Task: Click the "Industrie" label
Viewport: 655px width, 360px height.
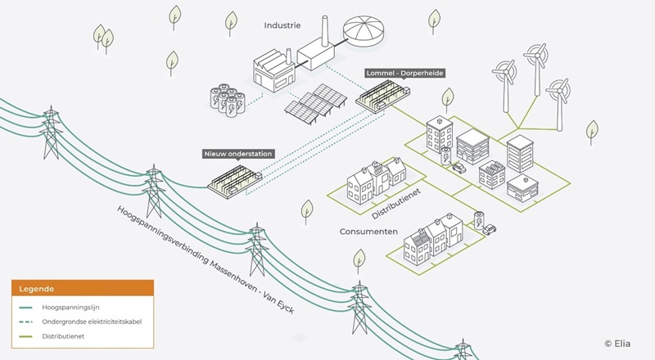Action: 282,25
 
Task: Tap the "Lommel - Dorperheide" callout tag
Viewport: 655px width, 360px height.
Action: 404,73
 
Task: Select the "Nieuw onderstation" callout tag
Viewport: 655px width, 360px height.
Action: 238,154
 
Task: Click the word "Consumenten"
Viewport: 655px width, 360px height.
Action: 368,232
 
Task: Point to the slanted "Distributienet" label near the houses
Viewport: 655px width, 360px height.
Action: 396,204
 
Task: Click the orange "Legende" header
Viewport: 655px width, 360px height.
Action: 83,288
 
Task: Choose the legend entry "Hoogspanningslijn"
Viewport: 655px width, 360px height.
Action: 70,308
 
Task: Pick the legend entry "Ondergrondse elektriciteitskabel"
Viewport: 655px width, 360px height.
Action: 92,322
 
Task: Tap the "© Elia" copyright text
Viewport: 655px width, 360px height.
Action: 617,344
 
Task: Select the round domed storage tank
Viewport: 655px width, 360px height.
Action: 364,32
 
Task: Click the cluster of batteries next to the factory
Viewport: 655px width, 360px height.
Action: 228,100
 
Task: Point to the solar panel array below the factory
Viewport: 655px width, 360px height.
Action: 316,104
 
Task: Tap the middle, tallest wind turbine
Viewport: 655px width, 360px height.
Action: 536,69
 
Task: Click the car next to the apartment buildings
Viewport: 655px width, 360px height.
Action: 458,168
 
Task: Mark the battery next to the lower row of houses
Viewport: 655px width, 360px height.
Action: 479,220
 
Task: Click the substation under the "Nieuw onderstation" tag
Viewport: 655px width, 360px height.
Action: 235,182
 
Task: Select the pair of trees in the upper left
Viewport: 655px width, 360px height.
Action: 103,38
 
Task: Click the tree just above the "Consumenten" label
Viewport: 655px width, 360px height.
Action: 307,212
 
